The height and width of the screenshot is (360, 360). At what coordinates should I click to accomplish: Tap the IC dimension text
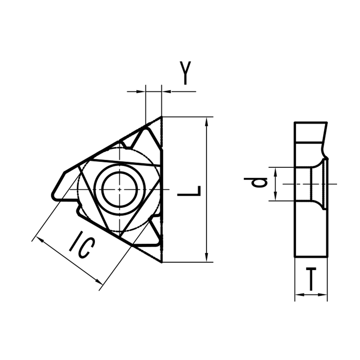point(82,246)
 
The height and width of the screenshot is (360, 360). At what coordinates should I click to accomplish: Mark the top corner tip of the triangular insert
point(161,117)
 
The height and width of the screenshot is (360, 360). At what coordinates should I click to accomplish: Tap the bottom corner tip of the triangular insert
point(161,261)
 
